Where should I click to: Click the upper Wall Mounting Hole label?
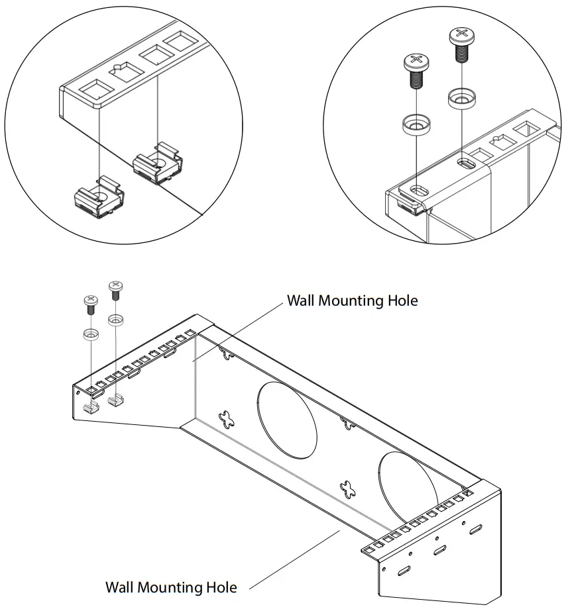pyautogui.click(x=352, y=301)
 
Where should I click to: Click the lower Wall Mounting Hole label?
pyautogui.click(x=171, y=587)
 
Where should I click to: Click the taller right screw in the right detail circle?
pyautogui.click(x=460, y=44)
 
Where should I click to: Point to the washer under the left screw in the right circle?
pyautogui.click(x=415, y=124)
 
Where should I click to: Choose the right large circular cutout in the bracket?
pyautogui.click(x=408, y=487)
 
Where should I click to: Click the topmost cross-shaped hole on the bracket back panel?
pyautogui.click(x=229, y=355)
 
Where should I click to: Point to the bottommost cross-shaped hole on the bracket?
pyautogui.click(x=348, y=489)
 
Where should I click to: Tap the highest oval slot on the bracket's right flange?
pyautogui.click(x=476, y=529)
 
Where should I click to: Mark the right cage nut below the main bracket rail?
pyautogui.click(x=118, y=400)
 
